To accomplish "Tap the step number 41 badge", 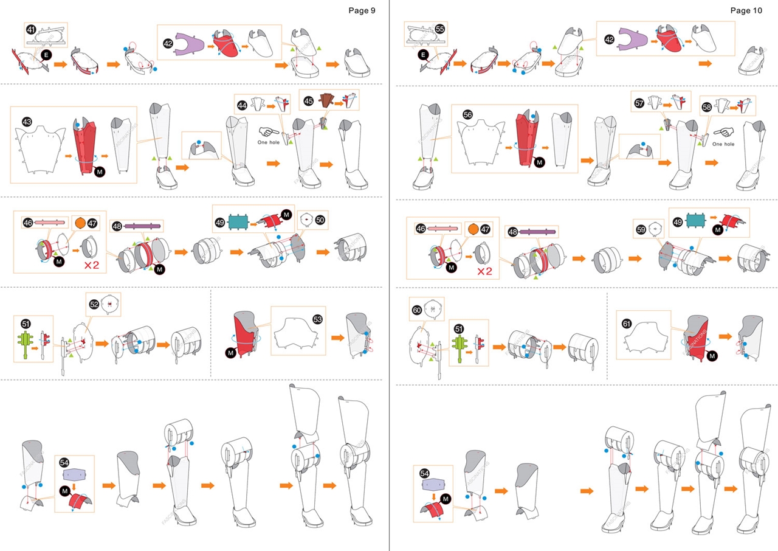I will pos(31,29).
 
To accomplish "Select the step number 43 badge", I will pos(27,122).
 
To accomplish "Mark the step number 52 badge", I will pos(94,303).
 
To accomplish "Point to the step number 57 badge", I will pos(639,103).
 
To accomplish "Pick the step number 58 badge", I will pos(707,106).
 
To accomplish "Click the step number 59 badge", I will pos(640,229).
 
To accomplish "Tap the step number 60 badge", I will pos(417,310).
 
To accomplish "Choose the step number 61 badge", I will pos(627,323).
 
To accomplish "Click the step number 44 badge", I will pos(242,105).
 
